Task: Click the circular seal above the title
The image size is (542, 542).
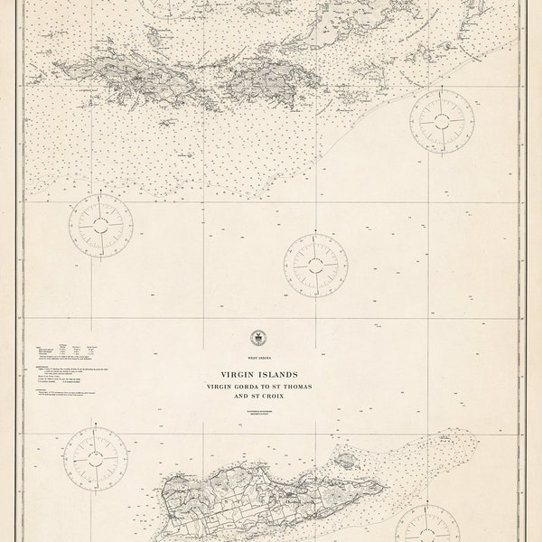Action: [259, 338]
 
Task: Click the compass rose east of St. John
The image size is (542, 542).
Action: [442, 120]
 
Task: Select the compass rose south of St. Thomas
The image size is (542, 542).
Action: [101, 224]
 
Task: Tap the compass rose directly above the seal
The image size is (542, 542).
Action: [315, 265]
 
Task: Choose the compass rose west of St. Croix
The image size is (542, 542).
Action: [95, 458]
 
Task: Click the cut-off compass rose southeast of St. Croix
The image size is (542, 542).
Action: [427, 527]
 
